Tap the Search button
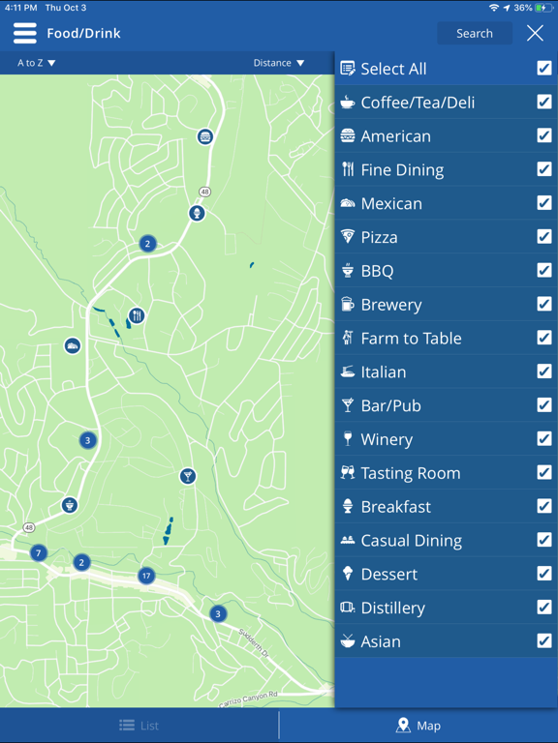[474, 33]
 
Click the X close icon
[535, 33]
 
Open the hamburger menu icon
[24, 33]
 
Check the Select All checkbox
[544, 69]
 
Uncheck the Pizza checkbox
[544, 237]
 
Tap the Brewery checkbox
[544, 305]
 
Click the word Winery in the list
[387, 439]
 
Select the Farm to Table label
[411, 339]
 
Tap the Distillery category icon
[348, 608]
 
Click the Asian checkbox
[544, 641]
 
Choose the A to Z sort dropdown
[37, 63]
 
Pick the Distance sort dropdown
[279, 63]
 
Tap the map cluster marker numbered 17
[146, 576]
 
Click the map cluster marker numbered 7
[39, 553]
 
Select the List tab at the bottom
[139, 726]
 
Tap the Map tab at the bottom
[418, 726]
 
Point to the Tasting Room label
[410, 473]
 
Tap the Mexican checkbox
[544, 203]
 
